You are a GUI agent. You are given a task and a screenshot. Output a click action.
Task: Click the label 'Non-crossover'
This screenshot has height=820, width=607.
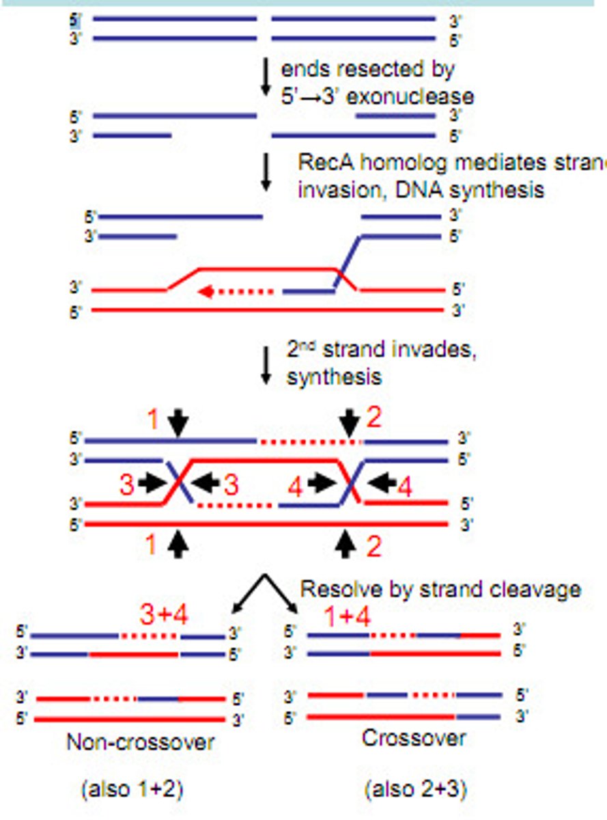(140, 742)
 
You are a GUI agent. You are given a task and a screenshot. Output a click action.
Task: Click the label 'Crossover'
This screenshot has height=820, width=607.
(414, 738)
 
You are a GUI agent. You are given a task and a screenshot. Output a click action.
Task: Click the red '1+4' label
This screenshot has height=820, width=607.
(346, 617)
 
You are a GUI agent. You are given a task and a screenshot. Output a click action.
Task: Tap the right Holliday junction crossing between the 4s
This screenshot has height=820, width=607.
(350, 483)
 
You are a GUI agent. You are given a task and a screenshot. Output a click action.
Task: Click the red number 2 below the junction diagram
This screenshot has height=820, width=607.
(373, 547)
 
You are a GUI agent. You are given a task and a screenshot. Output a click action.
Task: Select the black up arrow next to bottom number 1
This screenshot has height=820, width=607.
(178, 544)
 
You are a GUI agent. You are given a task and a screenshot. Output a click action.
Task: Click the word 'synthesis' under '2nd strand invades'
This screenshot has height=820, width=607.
(334, 376)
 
